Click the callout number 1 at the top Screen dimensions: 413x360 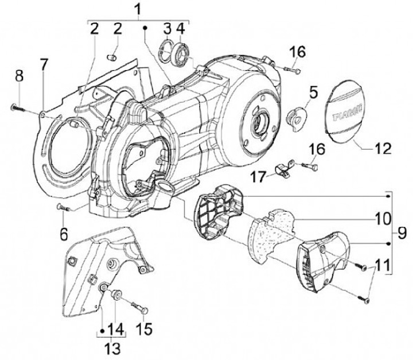[x=138, y=10]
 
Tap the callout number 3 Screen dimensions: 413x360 [x=167, y=29]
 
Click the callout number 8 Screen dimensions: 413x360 [x=20, y=76]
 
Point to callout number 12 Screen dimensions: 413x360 [x=383, y=149]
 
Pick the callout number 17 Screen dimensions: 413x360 [x=258, y=176]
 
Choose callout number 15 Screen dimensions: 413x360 [x=144, y=328]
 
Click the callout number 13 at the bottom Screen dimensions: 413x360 [x=112, y=348]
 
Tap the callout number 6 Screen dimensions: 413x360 [x=64, y=234]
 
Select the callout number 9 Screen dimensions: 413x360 [x=402, y=233]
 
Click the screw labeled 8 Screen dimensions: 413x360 [x=18, y=107]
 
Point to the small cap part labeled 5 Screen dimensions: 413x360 [x=297, y=118]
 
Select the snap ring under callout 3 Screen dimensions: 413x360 [x=166, y=52]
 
